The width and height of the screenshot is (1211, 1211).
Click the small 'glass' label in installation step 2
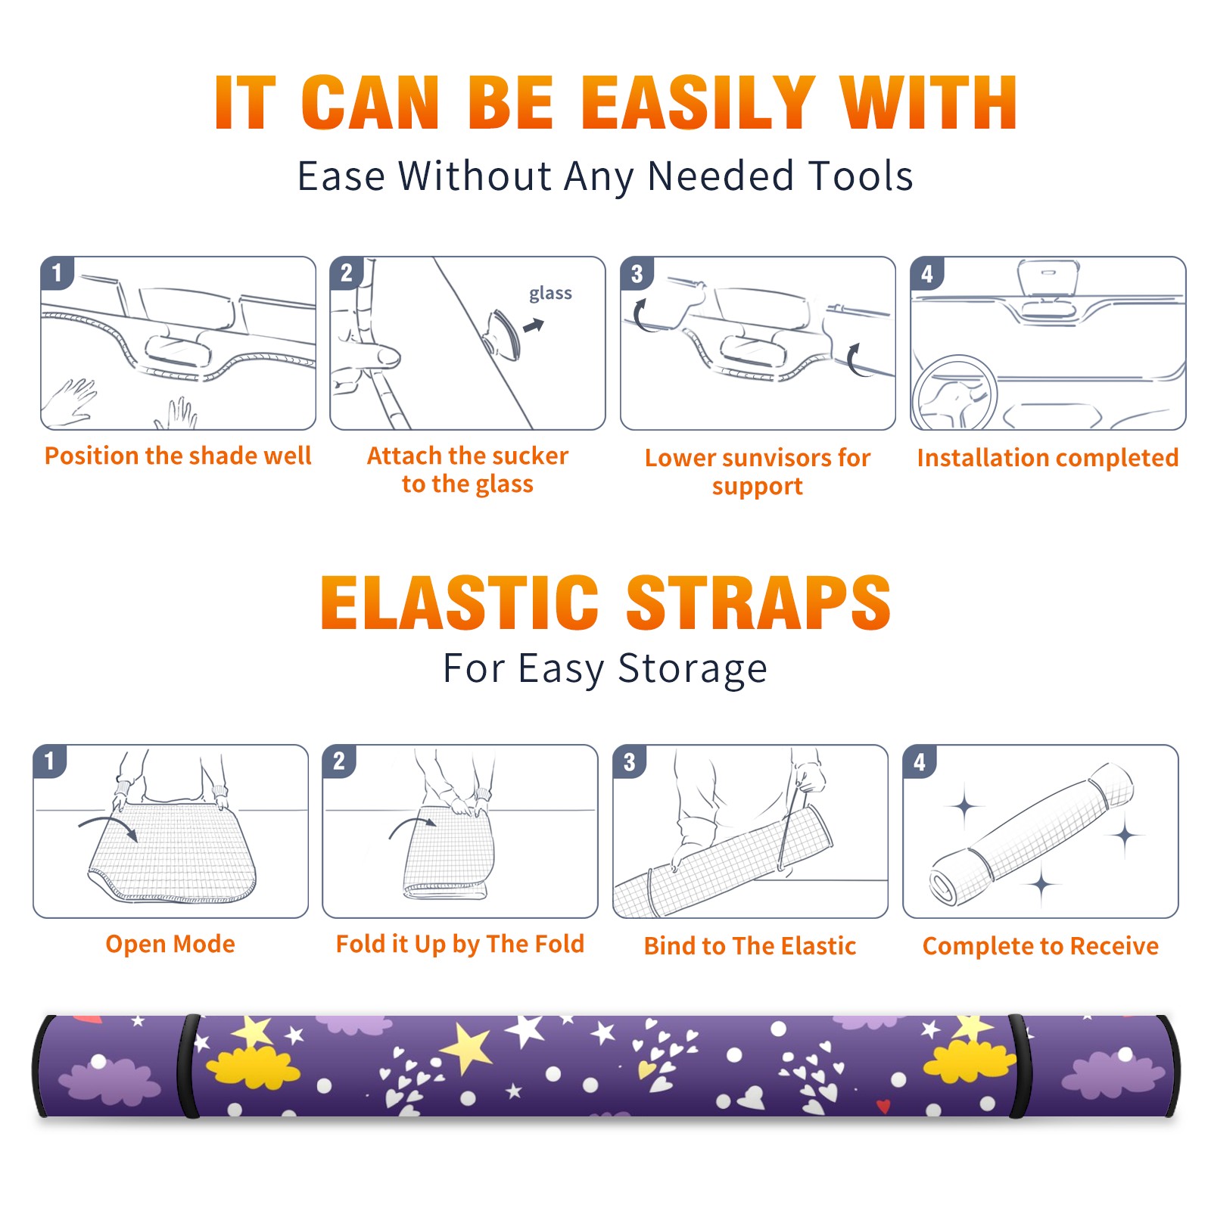(550, 294)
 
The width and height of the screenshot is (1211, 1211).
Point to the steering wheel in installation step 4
(955, 393)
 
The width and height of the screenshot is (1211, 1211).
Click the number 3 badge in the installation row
(637, 273)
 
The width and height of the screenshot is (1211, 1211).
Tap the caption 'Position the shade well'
(178, 456)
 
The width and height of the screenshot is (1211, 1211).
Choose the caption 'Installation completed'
(1048, 457)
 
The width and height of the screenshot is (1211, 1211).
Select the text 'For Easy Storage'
(605, 669)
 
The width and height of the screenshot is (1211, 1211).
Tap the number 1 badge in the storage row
(50, 761)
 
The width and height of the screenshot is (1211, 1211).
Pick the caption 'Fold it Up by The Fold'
(460, 945)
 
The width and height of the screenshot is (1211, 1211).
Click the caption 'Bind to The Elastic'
(750, 946)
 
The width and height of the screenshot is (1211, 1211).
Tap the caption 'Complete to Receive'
(1041, 946)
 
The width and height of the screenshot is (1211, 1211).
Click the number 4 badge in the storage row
(920, 761)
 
